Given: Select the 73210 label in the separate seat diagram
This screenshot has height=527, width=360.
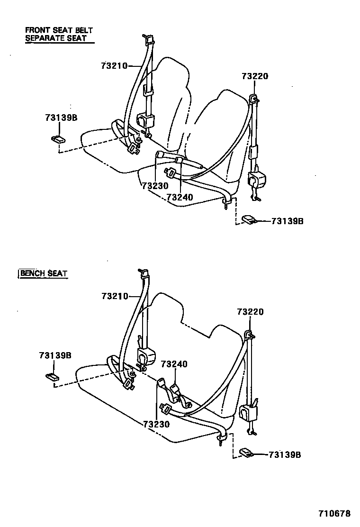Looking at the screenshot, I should [114, 66].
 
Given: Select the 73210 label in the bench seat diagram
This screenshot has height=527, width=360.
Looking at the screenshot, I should [115, 296].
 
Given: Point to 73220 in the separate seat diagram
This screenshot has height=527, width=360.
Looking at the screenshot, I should [255, 76].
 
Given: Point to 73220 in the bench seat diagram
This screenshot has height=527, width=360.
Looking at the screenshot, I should [251, 312].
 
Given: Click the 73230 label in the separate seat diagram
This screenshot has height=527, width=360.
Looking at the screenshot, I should [154, 186].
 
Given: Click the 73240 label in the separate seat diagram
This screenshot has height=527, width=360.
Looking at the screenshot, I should [180, 197].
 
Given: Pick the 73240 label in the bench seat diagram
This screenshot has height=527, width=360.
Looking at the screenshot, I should [174, 364].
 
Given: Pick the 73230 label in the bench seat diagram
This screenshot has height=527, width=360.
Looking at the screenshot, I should [156, 424].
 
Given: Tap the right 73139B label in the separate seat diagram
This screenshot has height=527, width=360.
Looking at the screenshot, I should [287, 221].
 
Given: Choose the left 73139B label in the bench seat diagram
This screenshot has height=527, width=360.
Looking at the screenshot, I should [55, 354].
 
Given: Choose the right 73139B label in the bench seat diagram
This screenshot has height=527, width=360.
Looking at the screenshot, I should [284, 455].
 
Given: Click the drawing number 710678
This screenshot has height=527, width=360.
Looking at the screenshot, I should [334, 514].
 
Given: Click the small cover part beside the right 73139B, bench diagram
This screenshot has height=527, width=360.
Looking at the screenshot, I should [246, 452].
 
